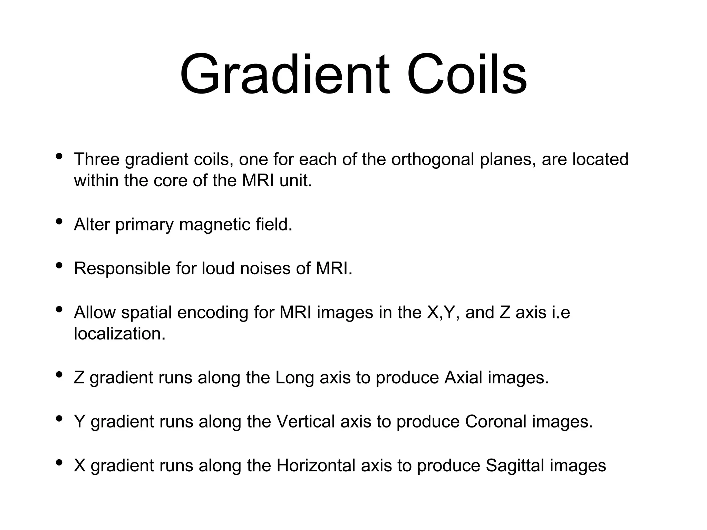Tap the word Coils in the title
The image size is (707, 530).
(x=467, y=74)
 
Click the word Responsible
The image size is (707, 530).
(x=122, y=268)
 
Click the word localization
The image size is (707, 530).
(x=120, y=334)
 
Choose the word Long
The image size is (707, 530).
(x=294, y=378)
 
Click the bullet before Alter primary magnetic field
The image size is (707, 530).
(x=59, y=222)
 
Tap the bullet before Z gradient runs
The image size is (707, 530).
(x=59, y=374)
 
